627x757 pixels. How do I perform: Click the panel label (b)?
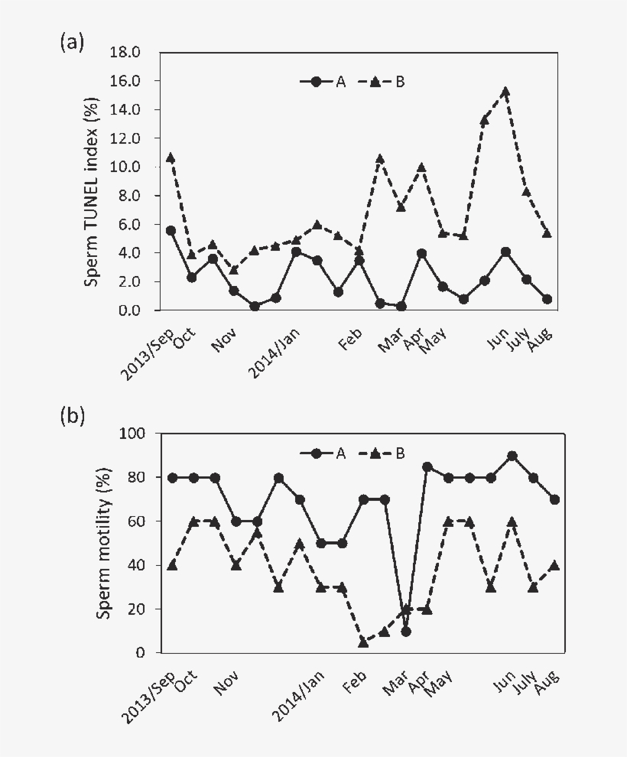click(72, 417)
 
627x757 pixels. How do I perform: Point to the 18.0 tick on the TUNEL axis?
click(136, 52)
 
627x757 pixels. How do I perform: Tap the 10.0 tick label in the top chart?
click(136, 167)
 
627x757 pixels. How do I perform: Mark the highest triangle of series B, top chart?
click(505, 91)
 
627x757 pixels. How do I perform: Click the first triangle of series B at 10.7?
click(171, 158)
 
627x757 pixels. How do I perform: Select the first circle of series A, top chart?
click(171, 230)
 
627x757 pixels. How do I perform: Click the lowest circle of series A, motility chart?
click(405, 632)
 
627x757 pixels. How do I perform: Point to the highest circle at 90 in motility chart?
click(512, 456)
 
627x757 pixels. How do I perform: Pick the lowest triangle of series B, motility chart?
click(363, 642)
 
